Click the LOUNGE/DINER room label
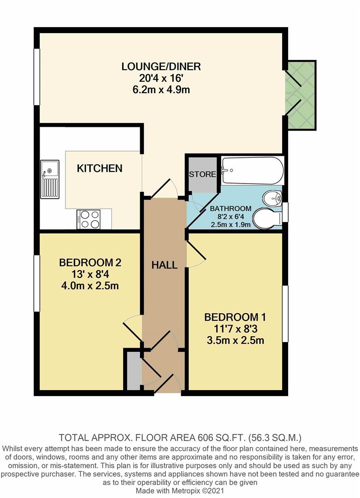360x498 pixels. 161,66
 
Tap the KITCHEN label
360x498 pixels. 99,168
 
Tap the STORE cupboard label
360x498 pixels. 202,174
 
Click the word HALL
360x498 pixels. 165,265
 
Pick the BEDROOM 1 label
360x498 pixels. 235,317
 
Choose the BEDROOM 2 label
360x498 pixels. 90,263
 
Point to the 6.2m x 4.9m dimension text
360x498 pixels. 161,89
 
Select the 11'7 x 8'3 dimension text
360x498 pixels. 235,329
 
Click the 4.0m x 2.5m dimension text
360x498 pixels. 90,286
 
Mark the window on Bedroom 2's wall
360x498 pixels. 36,282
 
